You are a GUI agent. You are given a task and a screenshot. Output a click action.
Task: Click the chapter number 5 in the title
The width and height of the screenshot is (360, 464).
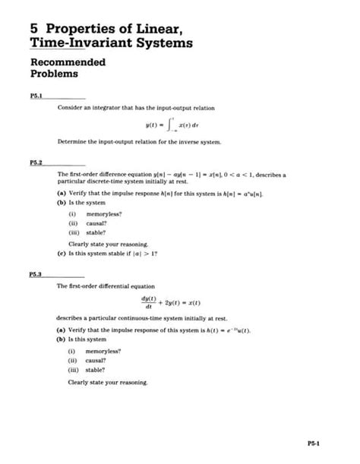tap(35, 27)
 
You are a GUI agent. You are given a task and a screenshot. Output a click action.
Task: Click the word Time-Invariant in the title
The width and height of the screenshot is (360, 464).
tap(76, 44)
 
